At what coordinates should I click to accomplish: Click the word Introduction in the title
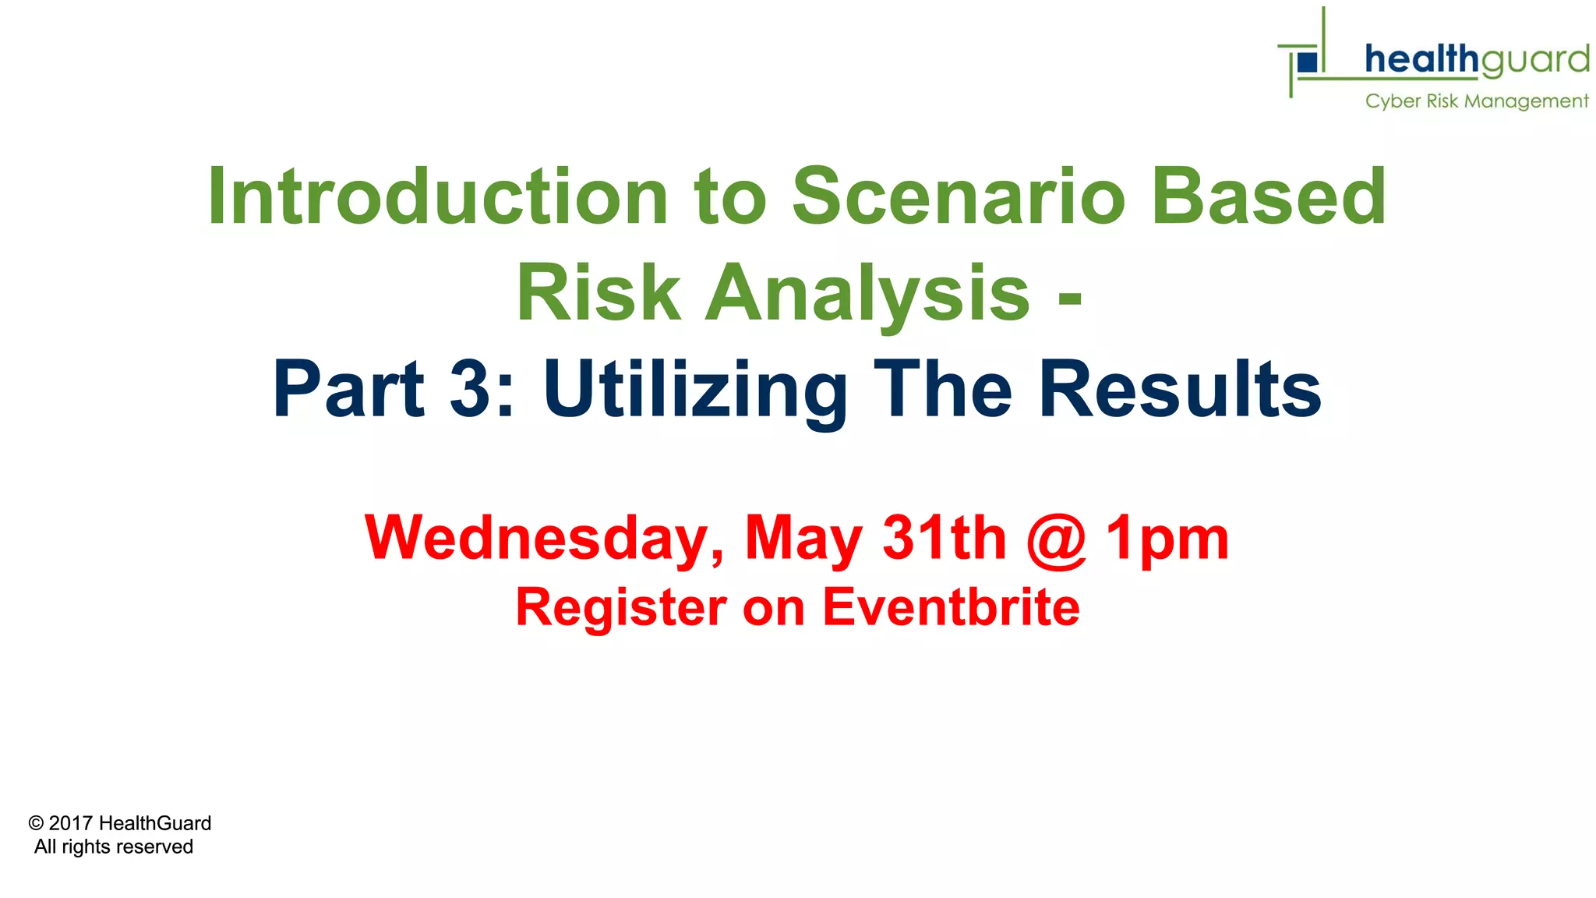[x=437, y=196]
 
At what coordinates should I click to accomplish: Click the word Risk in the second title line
[x=598, y=292]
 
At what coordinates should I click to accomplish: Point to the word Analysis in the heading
[x=867, y=292]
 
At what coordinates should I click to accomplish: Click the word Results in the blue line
[x=1180, y=388]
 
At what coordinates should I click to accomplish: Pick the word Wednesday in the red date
[x=544, y=538]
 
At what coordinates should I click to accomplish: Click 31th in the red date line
[x=944, y=538]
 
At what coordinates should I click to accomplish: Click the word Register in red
[x=621, y=607]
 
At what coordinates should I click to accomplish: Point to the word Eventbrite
[x=951, y=607]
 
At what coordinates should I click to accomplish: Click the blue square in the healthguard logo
[x=1308, y=62]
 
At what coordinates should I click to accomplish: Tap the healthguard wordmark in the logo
[x=1477, y=60]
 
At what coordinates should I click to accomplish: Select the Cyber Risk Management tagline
[x=1476, y=101]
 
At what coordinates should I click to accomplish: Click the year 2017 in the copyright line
[x=71, y=823]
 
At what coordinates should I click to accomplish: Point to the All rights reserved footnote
[x=114, y=847]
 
